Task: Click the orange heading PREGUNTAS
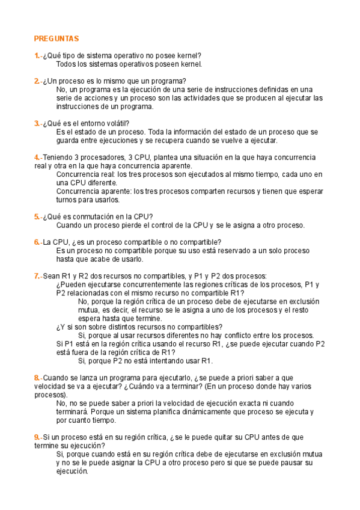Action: click(x=56, y=38)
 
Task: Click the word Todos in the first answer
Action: click(x=67, y=64)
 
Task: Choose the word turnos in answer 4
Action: click(x=67, y=200)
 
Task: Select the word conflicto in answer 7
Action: click(x=225, y=335)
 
